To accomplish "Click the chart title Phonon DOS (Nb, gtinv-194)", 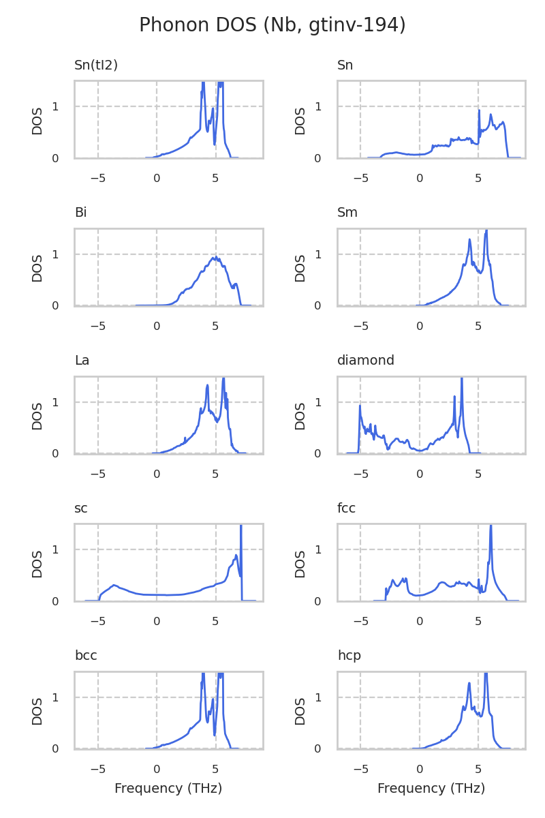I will pos(272,25).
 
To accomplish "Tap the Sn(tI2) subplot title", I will pos(96,65).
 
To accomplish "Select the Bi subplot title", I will pos(80,213).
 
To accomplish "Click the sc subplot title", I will pos(80,509).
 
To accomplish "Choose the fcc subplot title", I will pos(346,509).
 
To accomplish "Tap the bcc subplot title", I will pos(86,656).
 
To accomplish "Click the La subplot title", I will pos(82,361).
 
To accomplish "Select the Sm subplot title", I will pos(347,213).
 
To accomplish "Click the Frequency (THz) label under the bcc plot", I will pos(168,789).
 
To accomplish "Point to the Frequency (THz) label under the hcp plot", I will pos(431,789).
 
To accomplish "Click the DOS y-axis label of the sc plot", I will pos(37,563).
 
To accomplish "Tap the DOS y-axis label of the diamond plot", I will pos(300,415).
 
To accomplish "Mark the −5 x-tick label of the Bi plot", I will pos(97,327).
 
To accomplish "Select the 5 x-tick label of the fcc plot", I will pos(478,622).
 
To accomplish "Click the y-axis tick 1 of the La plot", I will pos(55,402).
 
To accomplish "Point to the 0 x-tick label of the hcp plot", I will pos(420,769).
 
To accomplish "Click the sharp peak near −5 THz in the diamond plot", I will pos(360,406).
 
